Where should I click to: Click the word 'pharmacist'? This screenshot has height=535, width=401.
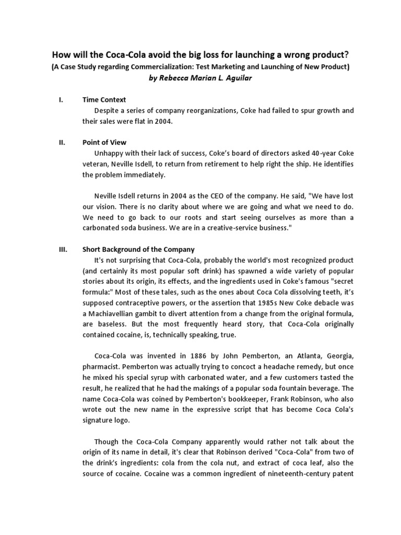[104, 367]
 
